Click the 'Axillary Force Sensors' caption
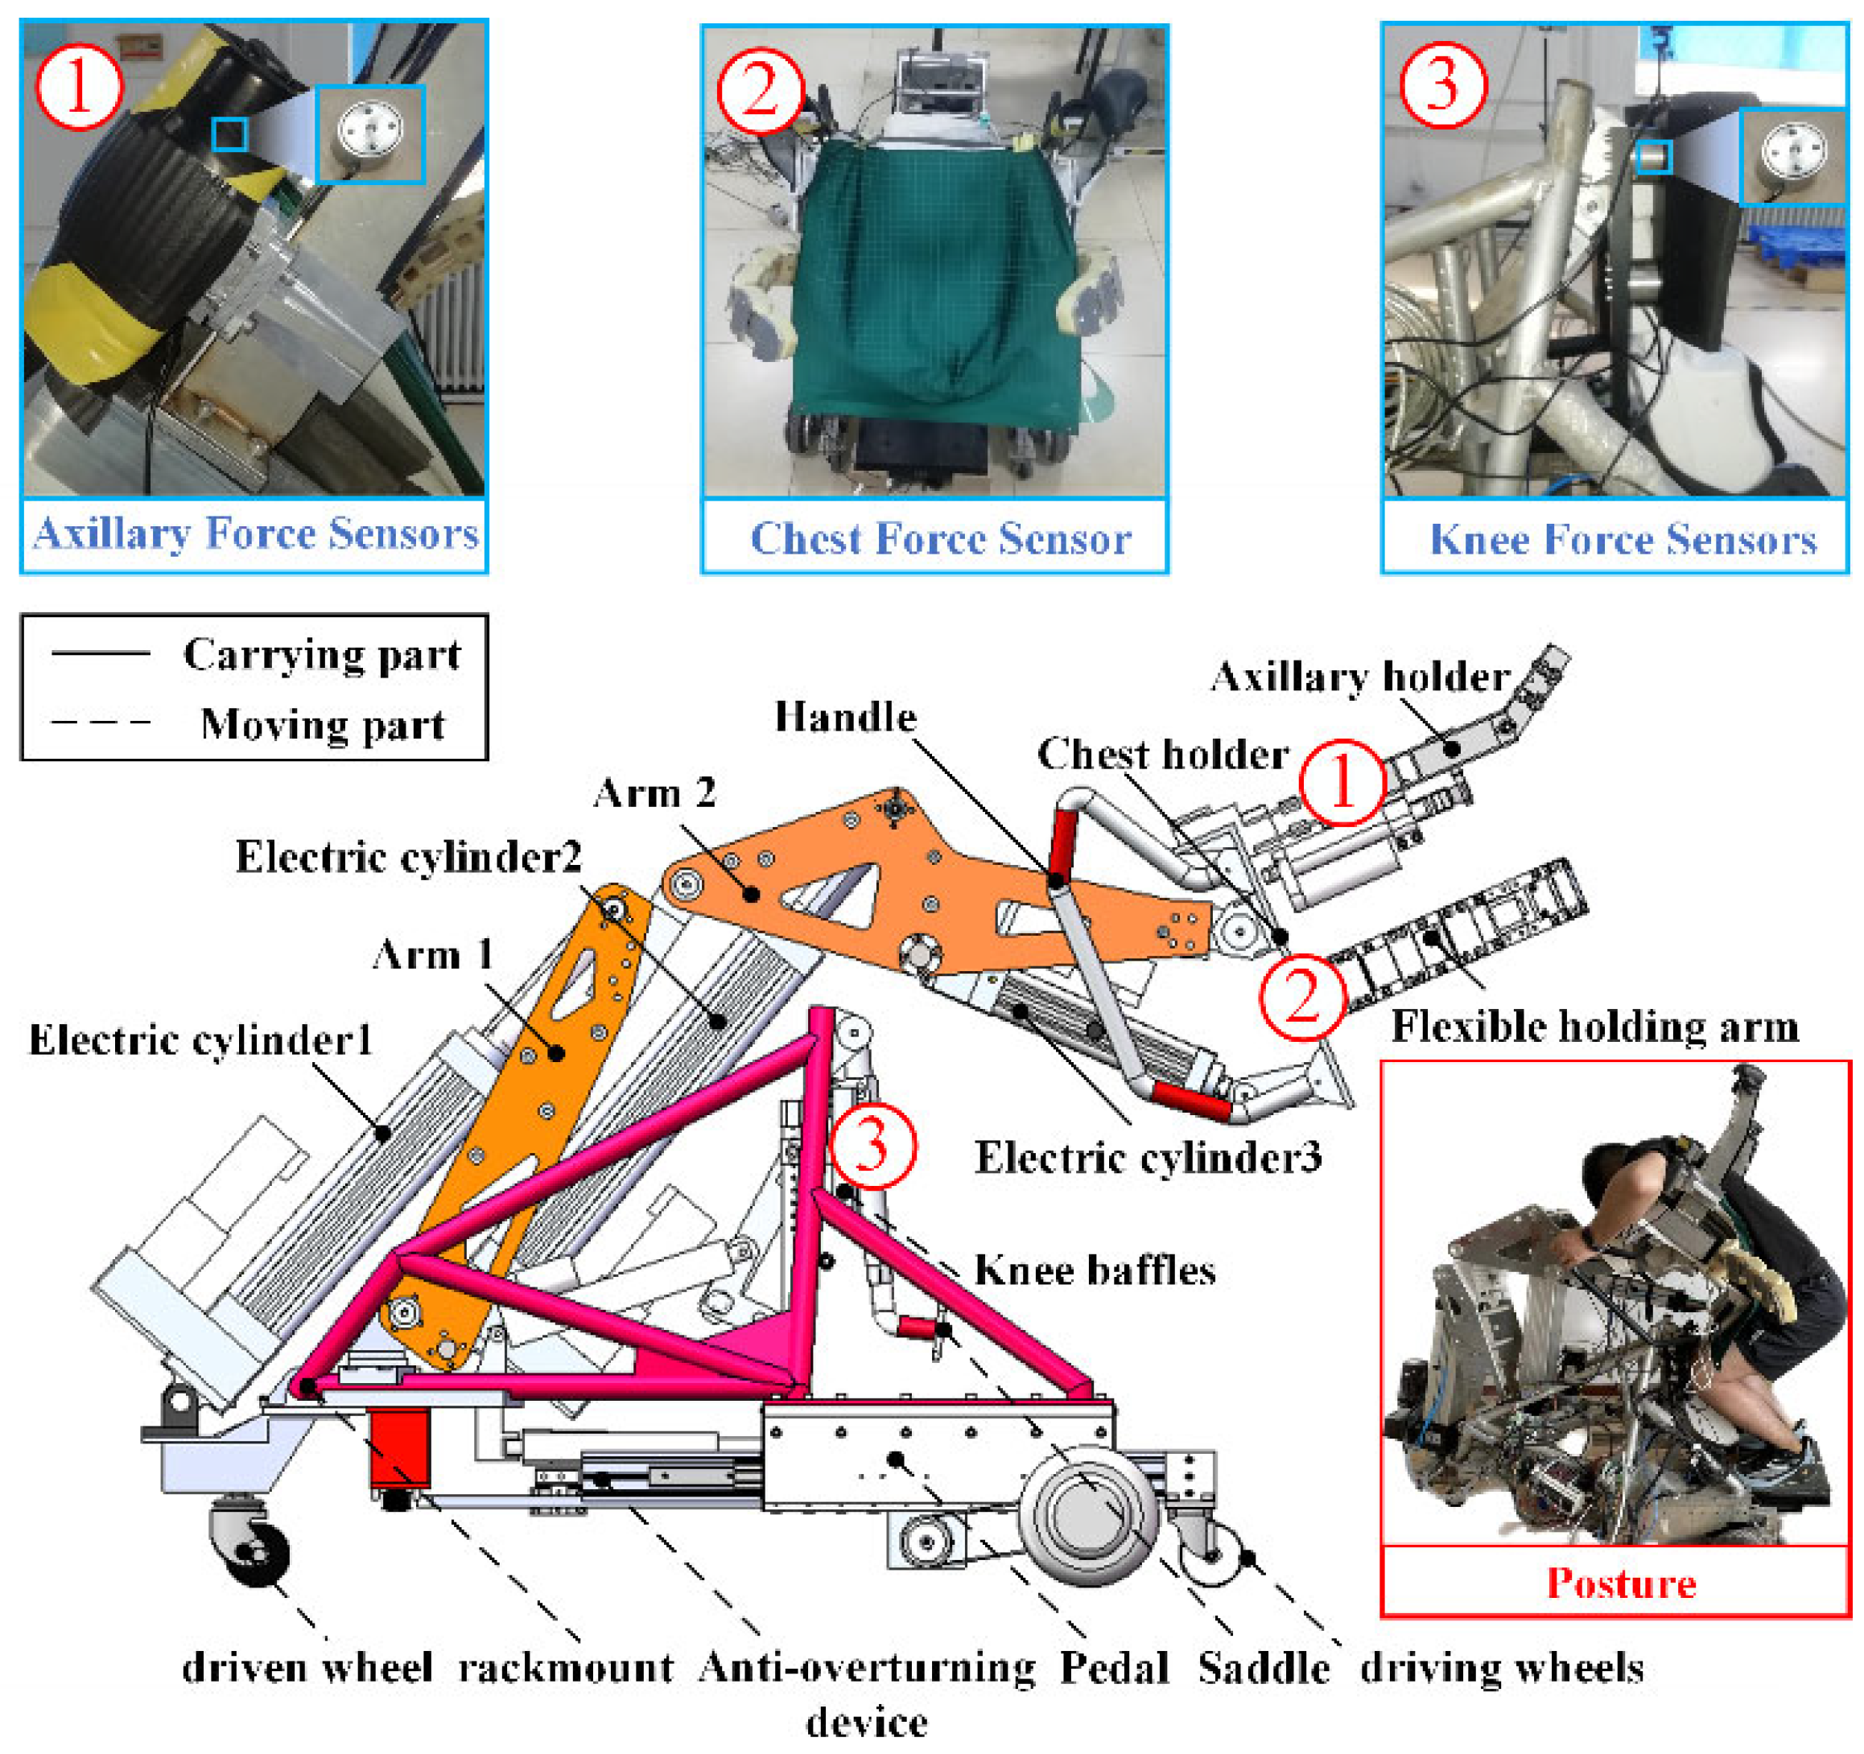(255, 534)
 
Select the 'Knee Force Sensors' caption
(1622, 539)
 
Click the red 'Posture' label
(1621, 1583)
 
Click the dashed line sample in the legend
(101, 723)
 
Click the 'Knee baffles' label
(1095, 1271)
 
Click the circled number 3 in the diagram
(872, 1146)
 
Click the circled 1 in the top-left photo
(79, 87)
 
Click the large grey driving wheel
(1087, 1515)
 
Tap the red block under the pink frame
(399, 1448)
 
